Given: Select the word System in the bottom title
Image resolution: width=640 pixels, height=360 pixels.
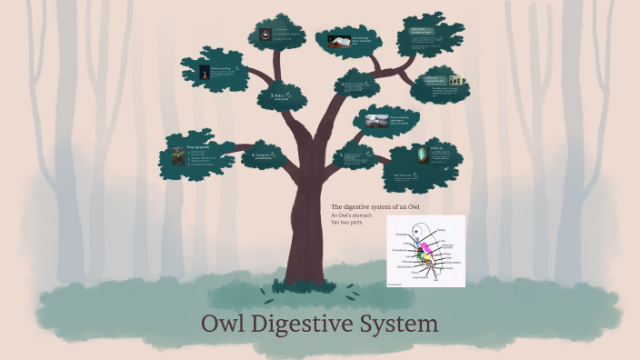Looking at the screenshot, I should pyautogui.click(x=401, y=325).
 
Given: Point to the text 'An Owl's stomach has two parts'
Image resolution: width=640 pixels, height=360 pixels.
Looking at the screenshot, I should pyautogui.click(x=353, y=219).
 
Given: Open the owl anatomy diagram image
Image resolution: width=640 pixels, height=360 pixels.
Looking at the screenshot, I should pyautogui.click(x=425, y=251).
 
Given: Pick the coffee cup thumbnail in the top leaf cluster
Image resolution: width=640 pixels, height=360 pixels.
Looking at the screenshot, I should pyautogui.click(x=265, y=35).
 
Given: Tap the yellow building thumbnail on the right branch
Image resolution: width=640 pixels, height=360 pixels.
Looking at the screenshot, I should pyautogui.click(x=455, y=81).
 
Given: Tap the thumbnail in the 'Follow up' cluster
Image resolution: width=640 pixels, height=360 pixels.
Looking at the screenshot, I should pyautogui.click(x=421, y=155).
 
